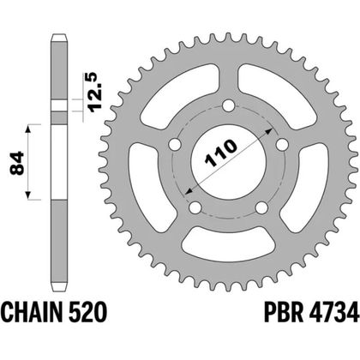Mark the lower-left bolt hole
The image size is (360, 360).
pos(195,207)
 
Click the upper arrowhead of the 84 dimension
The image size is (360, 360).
pos(30,129)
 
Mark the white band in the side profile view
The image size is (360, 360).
pos(58,107)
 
